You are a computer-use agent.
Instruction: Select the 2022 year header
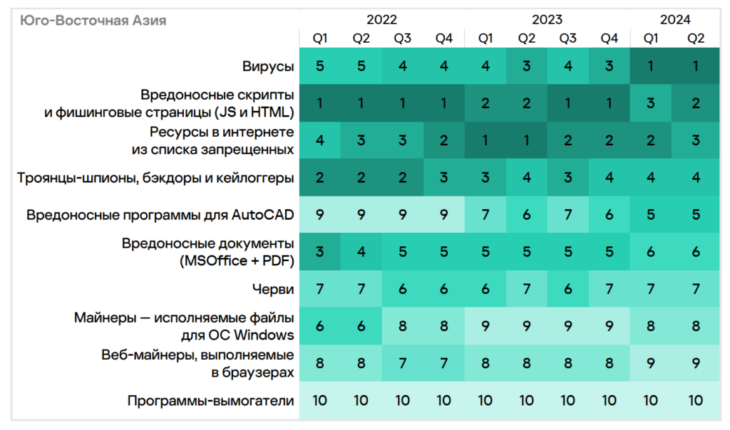pos(381,20)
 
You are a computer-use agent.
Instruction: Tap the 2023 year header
pos(547,20)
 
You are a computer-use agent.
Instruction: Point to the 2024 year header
pos(675,20)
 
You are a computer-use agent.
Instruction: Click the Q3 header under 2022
pos(402,38)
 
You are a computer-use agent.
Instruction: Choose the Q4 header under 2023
pos(609,38)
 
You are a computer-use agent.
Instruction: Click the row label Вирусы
pos(268,66)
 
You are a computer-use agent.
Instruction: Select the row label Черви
pos(273,288)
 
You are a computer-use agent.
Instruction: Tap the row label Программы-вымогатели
pos(210,401)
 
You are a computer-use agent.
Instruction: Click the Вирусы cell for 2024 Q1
pos(650,66)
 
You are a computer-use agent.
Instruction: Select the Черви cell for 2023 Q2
pos(526,288)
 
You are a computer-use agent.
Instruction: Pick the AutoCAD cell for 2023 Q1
pos(485,214)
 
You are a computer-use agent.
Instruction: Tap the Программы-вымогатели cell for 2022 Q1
pos(319,401)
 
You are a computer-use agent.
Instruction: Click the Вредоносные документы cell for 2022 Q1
pos(319,251)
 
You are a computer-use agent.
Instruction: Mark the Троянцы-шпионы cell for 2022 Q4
pos(443,177)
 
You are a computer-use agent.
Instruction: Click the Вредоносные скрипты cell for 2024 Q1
pos(650,103)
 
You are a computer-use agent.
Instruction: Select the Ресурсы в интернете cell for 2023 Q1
pos(485,140)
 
